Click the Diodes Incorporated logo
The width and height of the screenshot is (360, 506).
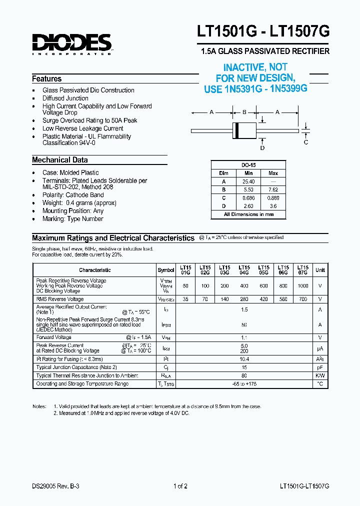(71, 43)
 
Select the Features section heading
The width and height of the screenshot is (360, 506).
(47, 79)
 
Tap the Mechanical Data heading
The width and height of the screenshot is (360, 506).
(60, 160)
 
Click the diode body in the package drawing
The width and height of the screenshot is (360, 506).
(244, 130)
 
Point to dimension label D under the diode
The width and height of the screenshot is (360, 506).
(262, 147)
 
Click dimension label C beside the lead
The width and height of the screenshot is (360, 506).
(306, 142)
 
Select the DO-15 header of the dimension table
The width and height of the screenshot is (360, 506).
(248, 164)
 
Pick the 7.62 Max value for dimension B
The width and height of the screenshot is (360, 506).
(273, 190)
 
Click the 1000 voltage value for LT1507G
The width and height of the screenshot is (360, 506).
(303, 285)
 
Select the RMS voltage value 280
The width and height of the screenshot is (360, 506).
(244, 299)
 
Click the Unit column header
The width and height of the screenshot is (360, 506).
(320, 270)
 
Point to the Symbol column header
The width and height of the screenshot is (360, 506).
(166, 270)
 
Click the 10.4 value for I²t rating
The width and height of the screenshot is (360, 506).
(244, 359)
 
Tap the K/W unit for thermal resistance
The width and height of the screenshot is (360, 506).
(320, 375)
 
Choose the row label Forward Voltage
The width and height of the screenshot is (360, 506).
(54, 337)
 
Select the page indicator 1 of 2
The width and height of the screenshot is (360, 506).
(180, 486)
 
